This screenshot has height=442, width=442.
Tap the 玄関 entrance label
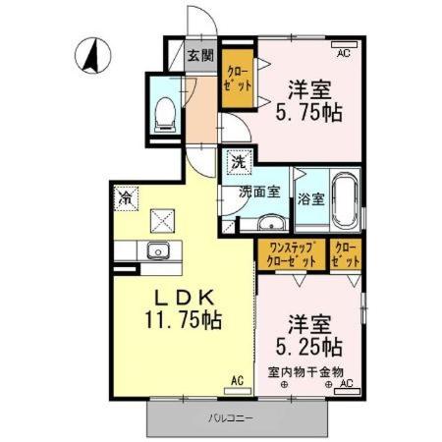point(200,55)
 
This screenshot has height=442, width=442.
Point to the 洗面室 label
point(259,193)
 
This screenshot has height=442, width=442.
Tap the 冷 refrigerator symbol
point(127,197)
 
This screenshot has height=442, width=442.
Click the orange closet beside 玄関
point(237,78)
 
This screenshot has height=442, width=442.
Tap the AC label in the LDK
point(237,379)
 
